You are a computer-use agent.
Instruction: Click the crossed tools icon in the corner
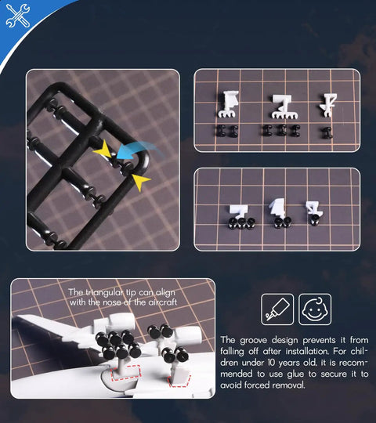(x=18, y=16)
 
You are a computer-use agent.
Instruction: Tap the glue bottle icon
(x=277, y=309)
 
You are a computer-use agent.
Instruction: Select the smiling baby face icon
(x=315, y=309)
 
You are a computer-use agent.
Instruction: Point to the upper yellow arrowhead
(x=103, y=149)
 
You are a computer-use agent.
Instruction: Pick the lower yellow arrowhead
(x=140, y=182)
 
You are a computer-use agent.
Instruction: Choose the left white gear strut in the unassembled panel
(x=229, y=104)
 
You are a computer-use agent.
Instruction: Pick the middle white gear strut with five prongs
(x=284, y=107)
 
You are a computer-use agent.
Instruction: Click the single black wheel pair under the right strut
(x=327, y=132)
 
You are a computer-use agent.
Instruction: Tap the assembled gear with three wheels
(x=240, y=217)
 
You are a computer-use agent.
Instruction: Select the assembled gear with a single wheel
(x=313, y=213)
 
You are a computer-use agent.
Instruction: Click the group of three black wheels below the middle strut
(x=281, y=131)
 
